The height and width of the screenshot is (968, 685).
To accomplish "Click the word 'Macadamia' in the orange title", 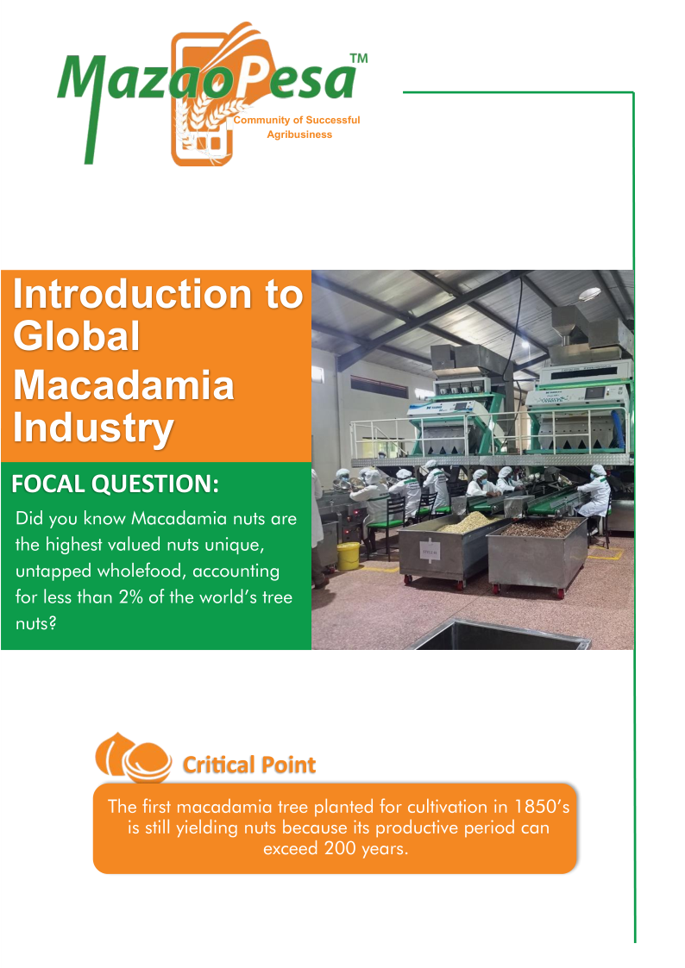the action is tap(123, 386).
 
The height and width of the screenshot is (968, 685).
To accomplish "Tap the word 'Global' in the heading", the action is tap(77, 336).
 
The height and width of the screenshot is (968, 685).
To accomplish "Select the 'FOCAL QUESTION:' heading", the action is tap(115, 484).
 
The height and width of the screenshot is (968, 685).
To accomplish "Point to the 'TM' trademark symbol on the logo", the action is tap(359, 59).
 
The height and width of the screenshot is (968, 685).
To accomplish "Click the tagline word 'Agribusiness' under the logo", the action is tap(299, 134).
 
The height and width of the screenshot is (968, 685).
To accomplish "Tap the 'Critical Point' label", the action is tap(249, 765).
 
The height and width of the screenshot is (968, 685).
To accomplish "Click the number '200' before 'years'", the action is tap(340, 849).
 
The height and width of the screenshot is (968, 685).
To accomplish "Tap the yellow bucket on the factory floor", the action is tap(349, 556).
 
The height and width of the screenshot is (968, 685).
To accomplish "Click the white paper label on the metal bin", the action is tap(430, 552).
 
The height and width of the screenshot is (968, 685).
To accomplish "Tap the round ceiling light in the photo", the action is tap(590, 294).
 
